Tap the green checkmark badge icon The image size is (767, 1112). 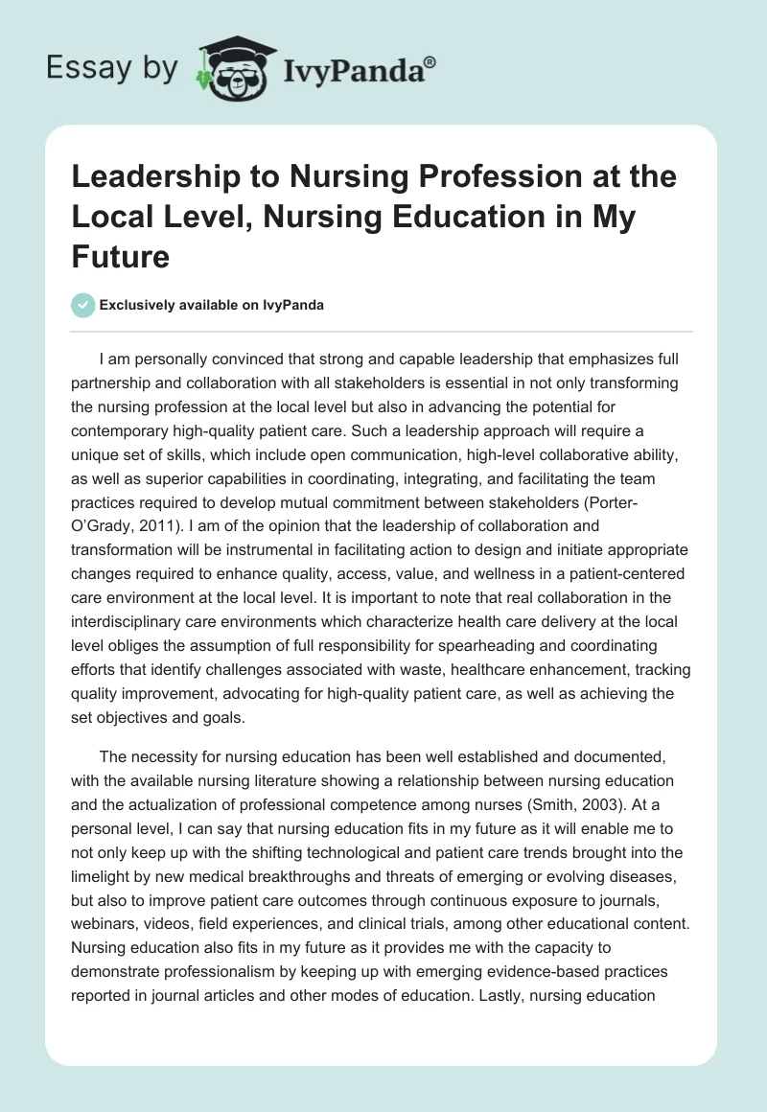coord(83,306)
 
